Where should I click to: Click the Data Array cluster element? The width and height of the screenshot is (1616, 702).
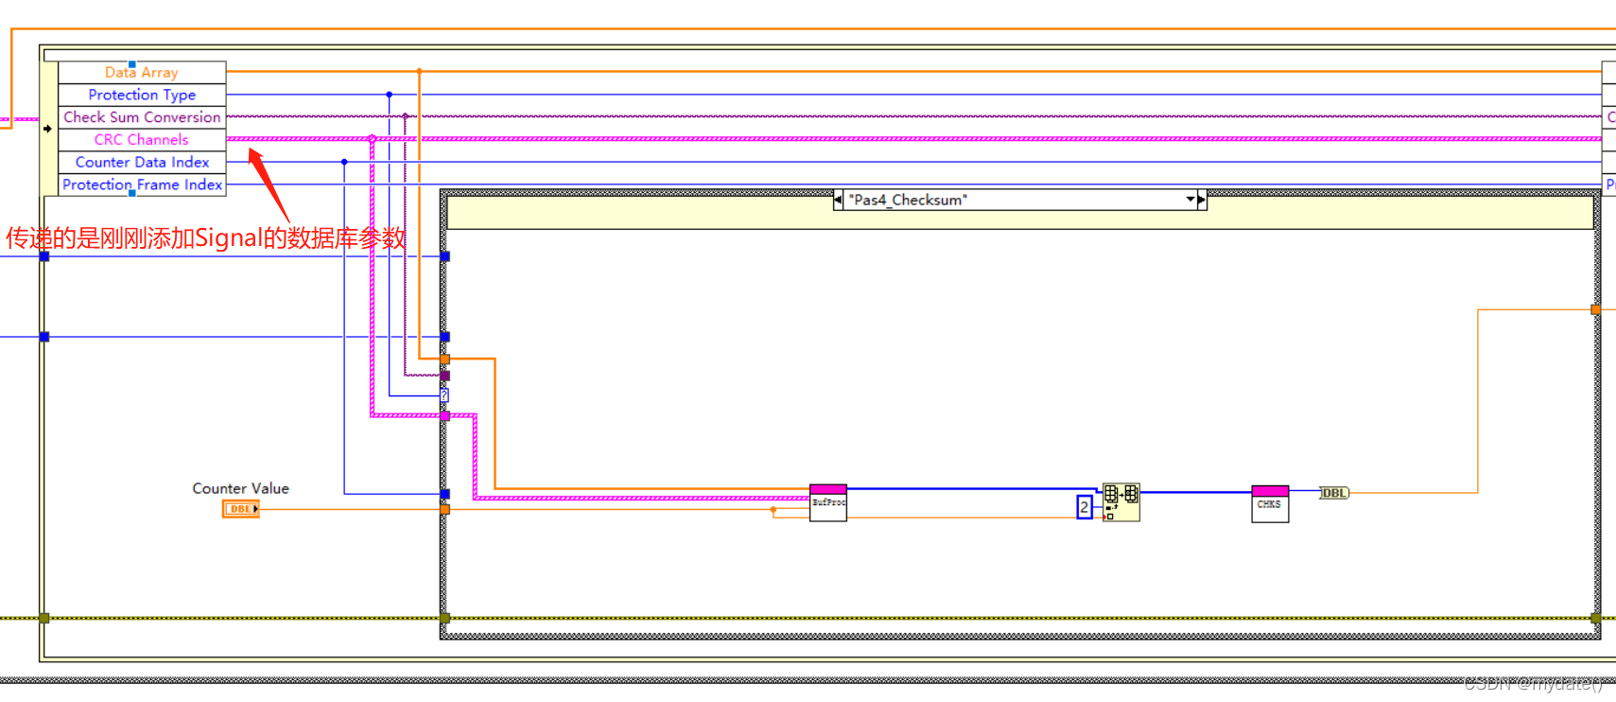click(x=142, y=72)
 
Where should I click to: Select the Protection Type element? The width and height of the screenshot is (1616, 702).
click(x=142, y=95)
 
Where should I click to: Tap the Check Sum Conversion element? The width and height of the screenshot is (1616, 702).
click(x=142, y=117)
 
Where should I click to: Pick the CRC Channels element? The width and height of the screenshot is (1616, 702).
click(x=142, y=140)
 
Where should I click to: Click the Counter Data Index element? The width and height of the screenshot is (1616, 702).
click(x=142, y=163)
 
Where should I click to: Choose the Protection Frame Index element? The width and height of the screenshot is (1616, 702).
click(x=142, y=185)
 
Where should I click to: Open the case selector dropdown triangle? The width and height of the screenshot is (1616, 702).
click(x=1190, y=200)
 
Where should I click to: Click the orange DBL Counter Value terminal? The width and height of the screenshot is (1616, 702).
click(x=240, y=509)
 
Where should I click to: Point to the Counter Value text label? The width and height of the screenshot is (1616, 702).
click(x=240, y=488)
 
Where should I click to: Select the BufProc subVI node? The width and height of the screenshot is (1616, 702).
click(x=828, y=502)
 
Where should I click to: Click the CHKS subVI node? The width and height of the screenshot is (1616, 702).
click(x=1270, y=503)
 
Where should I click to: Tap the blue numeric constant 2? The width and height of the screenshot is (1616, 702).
click(x=1085, y=508)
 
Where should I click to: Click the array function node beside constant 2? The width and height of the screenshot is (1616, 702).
click(x=1121, y=501)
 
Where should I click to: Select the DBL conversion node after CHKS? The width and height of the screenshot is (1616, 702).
click(x=1334, y=493)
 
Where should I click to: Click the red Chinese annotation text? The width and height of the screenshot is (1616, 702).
click(x=205, y=237)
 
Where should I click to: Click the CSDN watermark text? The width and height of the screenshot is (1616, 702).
click(x=1532, y=683)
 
